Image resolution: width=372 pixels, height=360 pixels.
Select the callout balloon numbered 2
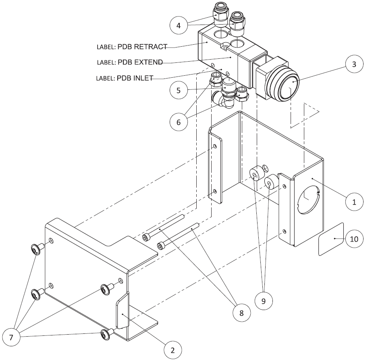(172, 349)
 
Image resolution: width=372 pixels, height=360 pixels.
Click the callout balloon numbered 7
(11, 337)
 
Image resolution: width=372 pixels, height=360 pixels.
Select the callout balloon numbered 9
(264, 300)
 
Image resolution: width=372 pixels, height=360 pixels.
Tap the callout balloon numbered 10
(353, 239)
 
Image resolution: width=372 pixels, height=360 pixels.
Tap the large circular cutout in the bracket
(308, 200)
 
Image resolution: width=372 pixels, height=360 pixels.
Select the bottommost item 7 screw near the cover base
(106, 333)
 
